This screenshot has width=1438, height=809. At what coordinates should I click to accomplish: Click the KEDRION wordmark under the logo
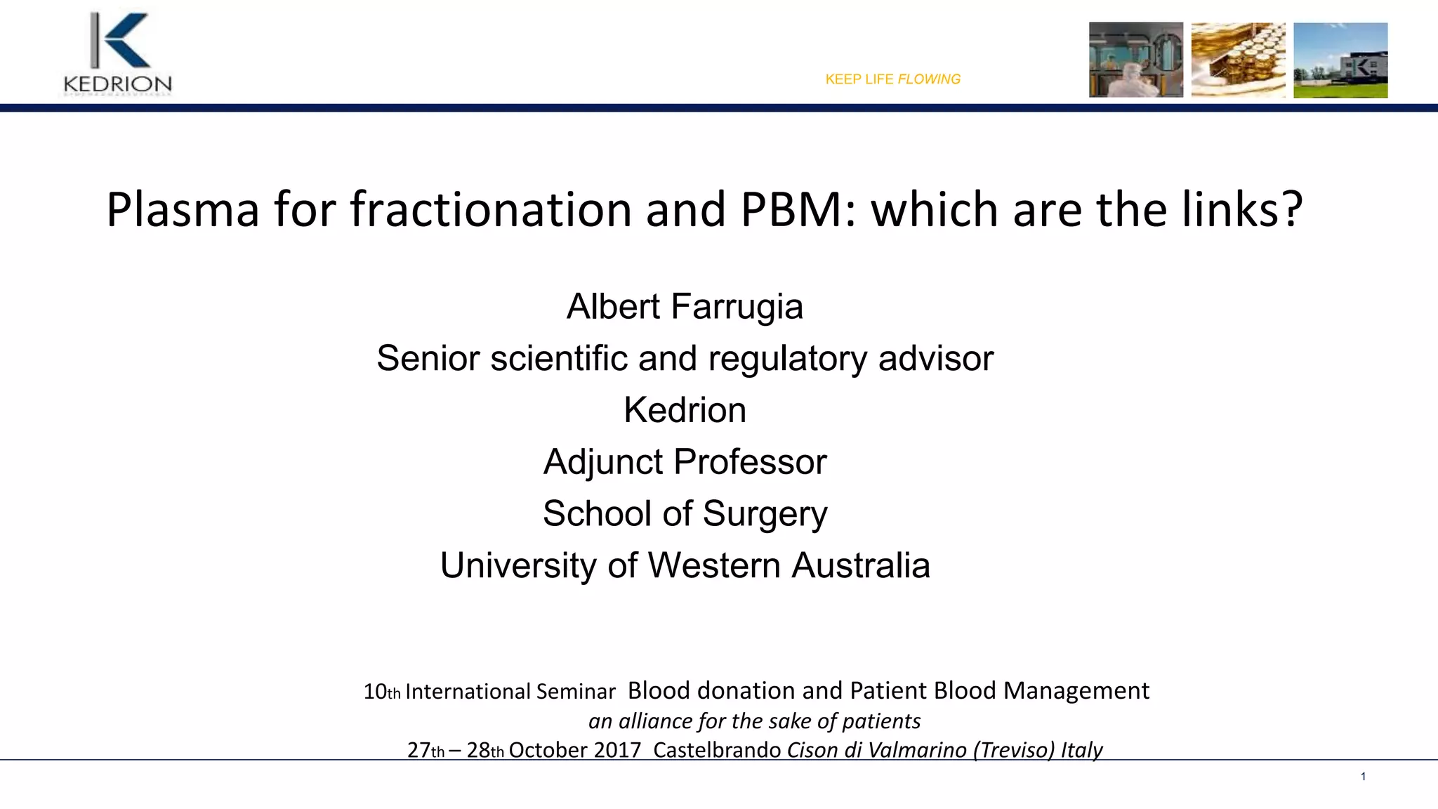[x=117, y=85]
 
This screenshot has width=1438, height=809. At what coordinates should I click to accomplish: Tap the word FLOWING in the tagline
[x=928, y=79]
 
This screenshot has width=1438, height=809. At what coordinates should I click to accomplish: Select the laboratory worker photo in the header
[x=1135, y=60]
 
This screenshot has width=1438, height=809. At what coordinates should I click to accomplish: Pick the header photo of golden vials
[x=1238, y=60]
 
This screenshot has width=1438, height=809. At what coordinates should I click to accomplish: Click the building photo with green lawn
[x=1340, y=60]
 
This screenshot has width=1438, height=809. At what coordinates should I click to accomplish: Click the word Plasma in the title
[x=183, y=210]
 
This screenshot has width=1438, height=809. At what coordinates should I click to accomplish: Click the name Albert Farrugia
[x=685, y=307]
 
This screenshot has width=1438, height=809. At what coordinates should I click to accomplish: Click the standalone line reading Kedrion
[x=685, y=410]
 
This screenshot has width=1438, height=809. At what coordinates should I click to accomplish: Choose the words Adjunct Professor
[x=685, y=462]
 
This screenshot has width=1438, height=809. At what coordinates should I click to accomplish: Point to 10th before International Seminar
[x=381, y=692]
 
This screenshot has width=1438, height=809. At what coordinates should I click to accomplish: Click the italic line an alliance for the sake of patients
[x=754, y=721]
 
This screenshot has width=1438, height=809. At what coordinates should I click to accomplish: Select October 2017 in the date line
[x=574, y=750]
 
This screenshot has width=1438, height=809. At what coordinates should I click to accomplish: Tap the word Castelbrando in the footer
[x=716, y=750]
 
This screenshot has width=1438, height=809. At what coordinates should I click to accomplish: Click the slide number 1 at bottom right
[x=1363, y=776]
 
